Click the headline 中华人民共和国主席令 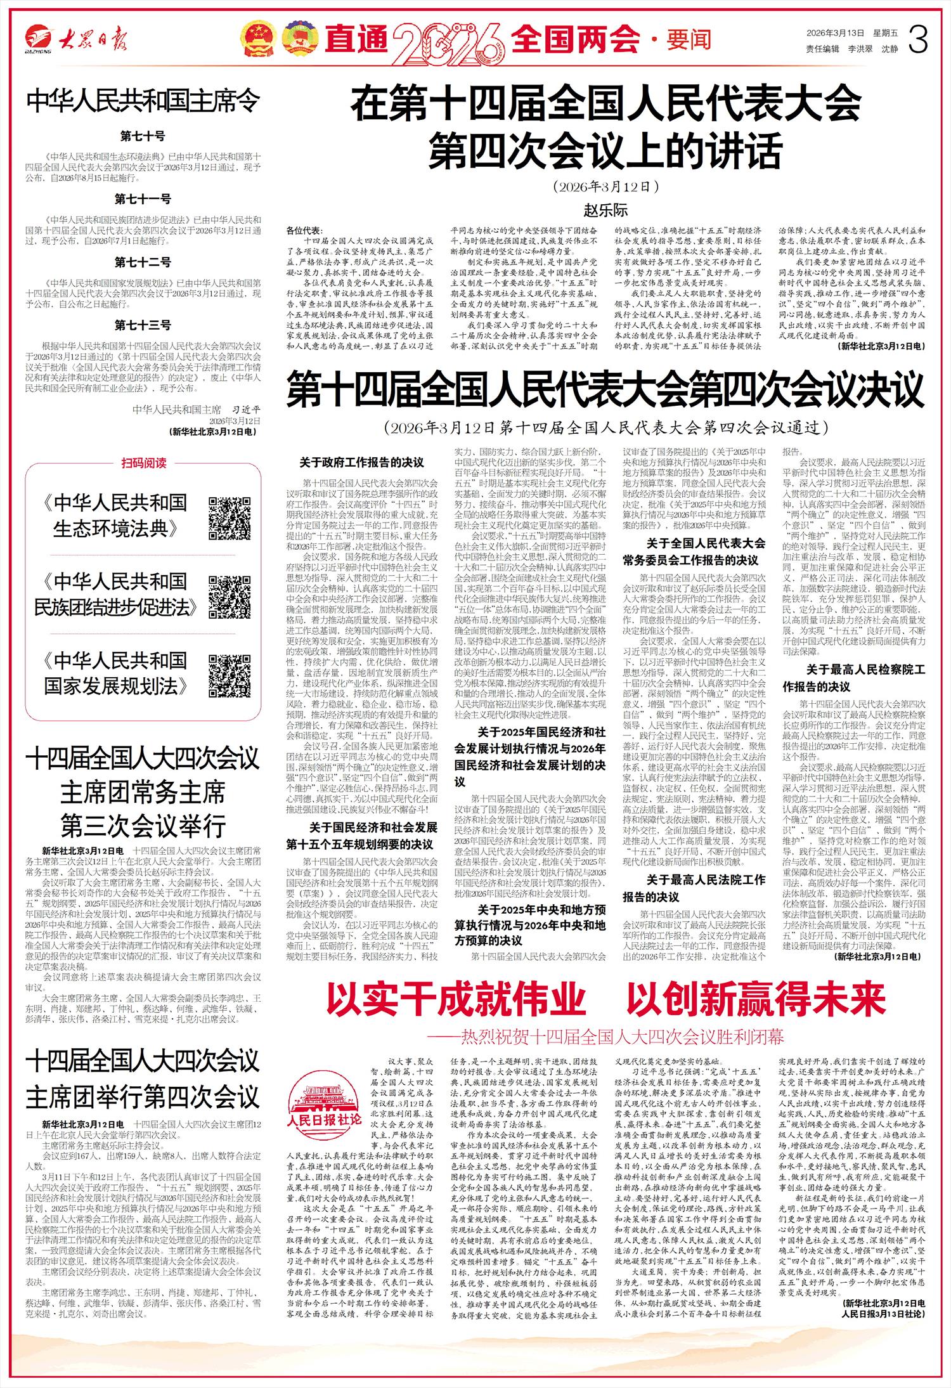click(x=143, y=101)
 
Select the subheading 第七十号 click(x=143, y=136)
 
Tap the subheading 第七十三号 click(x=143, y=325)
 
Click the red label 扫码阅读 click(x=143, y=463)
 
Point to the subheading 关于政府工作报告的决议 click(x=361, y=462)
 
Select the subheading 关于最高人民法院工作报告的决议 click(x=694, y=888)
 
